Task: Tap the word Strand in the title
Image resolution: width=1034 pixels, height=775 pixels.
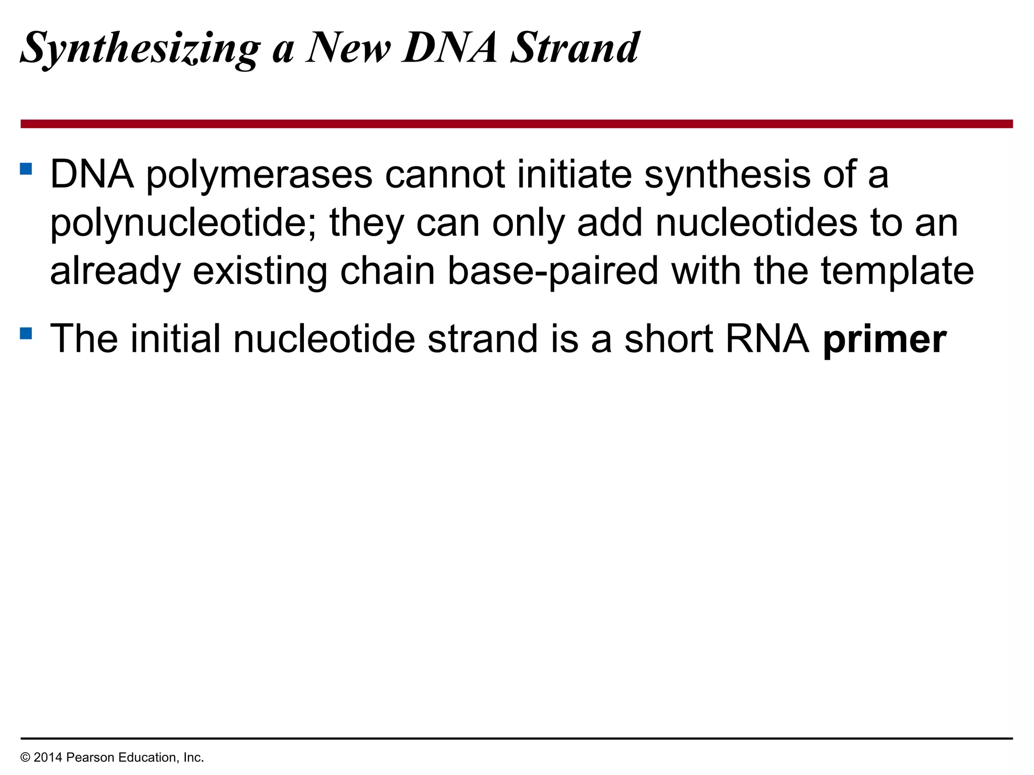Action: [575, 48]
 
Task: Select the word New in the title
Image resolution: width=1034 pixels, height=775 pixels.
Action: [348, 48]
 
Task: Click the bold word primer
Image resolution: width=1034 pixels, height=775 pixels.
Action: [885, 340]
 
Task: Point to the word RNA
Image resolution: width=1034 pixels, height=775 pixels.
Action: [767, 339]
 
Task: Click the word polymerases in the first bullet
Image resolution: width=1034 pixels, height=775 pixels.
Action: [260, 176]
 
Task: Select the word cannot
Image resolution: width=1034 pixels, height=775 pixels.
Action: [445, 175]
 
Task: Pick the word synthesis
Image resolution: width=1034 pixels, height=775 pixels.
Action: [727, 176]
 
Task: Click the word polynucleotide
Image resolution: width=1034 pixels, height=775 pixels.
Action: [183, 224]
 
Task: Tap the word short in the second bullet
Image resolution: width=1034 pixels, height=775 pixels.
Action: [668, 339]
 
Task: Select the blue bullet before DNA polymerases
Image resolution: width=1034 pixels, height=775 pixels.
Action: [26, 168]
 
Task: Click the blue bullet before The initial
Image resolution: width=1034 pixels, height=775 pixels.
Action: [26, 333]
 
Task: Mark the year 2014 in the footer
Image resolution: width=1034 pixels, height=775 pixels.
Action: [48, 757]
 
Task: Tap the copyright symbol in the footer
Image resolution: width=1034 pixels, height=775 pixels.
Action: [25, 758]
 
